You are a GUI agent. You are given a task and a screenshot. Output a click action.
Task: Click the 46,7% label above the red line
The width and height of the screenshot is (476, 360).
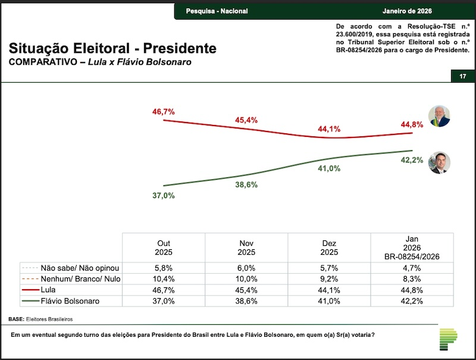pyautogui.click(x=162, y=111)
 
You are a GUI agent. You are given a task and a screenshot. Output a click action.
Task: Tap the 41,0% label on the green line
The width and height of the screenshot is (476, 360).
pyautogui.click(x=328, y=168)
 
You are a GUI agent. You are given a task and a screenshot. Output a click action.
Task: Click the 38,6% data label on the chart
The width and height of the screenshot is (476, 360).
pyautogui.click(x=246, y=184)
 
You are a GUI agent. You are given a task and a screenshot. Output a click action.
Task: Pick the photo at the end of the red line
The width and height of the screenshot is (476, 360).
pyautogui.click(x=440, y=116)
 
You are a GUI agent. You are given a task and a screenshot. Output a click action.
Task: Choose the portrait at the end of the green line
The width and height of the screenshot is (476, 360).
pyautogui.click(x=440, y=162)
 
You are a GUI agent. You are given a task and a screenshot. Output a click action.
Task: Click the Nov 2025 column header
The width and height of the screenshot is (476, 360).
pyautogui.click(x=246, y=248)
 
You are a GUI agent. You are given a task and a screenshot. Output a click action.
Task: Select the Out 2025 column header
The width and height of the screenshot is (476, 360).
pyautogui.click(x=164, y=248)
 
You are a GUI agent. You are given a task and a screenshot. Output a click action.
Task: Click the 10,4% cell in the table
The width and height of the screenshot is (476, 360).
pyautogui.click(x=164, y=279)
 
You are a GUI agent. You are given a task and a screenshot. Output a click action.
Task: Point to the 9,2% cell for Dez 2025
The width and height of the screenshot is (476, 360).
pyautogui.click(x=328, y=279)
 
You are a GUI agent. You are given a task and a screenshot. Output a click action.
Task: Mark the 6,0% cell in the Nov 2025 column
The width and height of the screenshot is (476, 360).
pyautogui.click(x=246, y=268)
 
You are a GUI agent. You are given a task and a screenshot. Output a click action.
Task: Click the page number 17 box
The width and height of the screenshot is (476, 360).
pyautogui.click(x=462, y=76)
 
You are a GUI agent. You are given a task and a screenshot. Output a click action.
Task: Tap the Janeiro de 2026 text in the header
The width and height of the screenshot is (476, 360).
pyautogui.click(x=408, y=12)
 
